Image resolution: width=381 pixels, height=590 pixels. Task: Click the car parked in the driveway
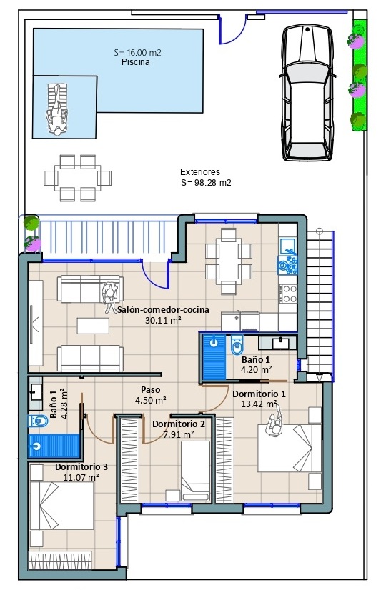pos(307,93)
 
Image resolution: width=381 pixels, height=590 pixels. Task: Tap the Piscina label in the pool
pos(136,62)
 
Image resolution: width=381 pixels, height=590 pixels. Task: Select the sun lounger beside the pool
pos(57,109)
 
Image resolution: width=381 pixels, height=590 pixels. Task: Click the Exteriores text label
pos(200,172)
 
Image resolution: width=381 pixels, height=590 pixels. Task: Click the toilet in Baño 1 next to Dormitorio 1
pos(237,345)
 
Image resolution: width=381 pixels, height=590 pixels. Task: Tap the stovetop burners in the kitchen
pos(289,294)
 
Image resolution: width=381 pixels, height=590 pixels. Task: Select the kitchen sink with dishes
pos(288,264)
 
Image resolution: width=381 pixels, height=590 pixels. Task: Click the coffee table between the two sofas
pos(94,326)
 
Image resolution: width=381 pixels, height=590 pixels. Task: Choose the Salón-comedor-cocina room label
pos(164,310)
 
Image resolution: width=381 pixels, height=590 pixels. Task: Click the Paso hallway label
pos(151,390)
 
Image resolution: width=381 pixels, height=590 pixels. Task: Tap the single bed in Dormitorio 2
pos(195,471)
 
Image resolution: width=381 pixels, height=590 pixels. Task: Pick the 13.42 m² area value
pos(259,404)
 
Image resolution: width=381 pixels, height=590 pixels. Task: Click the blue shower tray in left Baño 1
pos(54,446)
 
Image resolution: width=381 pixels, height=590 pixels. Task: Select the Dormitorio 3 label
pos(81,467)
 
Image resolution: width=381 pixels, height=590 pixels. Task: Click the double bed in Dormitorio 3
pos(61,506)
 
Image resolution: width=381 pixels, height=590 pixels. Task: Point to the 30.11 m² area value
pos(163,321)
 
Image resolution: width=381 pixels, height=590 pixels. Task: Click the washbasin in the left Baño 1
pos(36,392)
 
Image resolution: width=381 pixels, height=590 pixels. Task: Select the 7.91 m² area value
pos(179,435)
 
